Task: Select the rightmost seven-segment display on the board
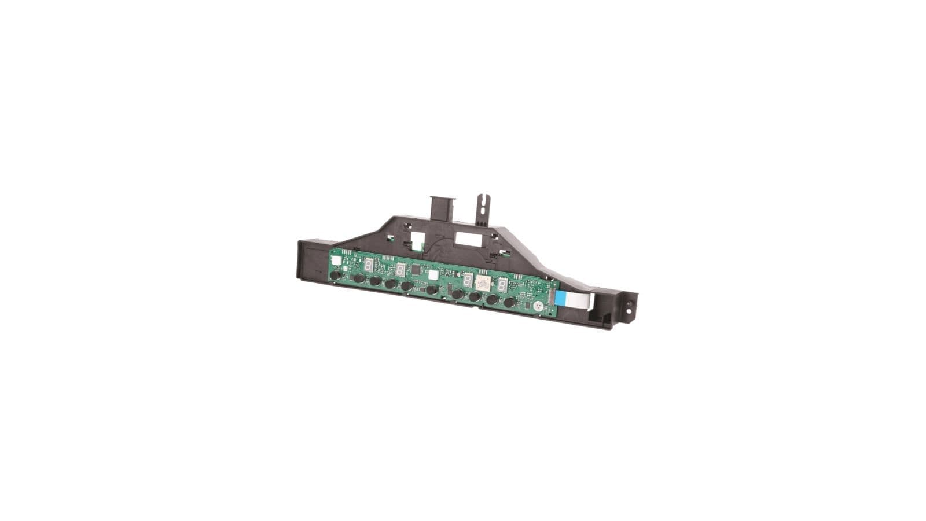(502, 285)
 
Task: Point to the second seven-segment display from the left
(400, 270)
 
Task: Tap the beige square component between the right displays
(482, 282)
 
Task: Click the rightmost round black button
(509, 302)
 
